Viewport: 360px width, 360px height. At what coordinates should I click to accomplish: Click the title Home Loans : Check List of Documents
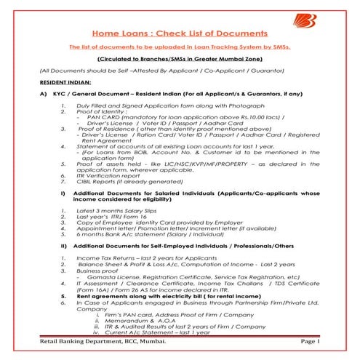tap(180, 33)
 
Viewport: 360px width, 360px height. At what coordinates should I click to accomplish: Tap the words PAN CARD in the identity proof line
tap(98, 138)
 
